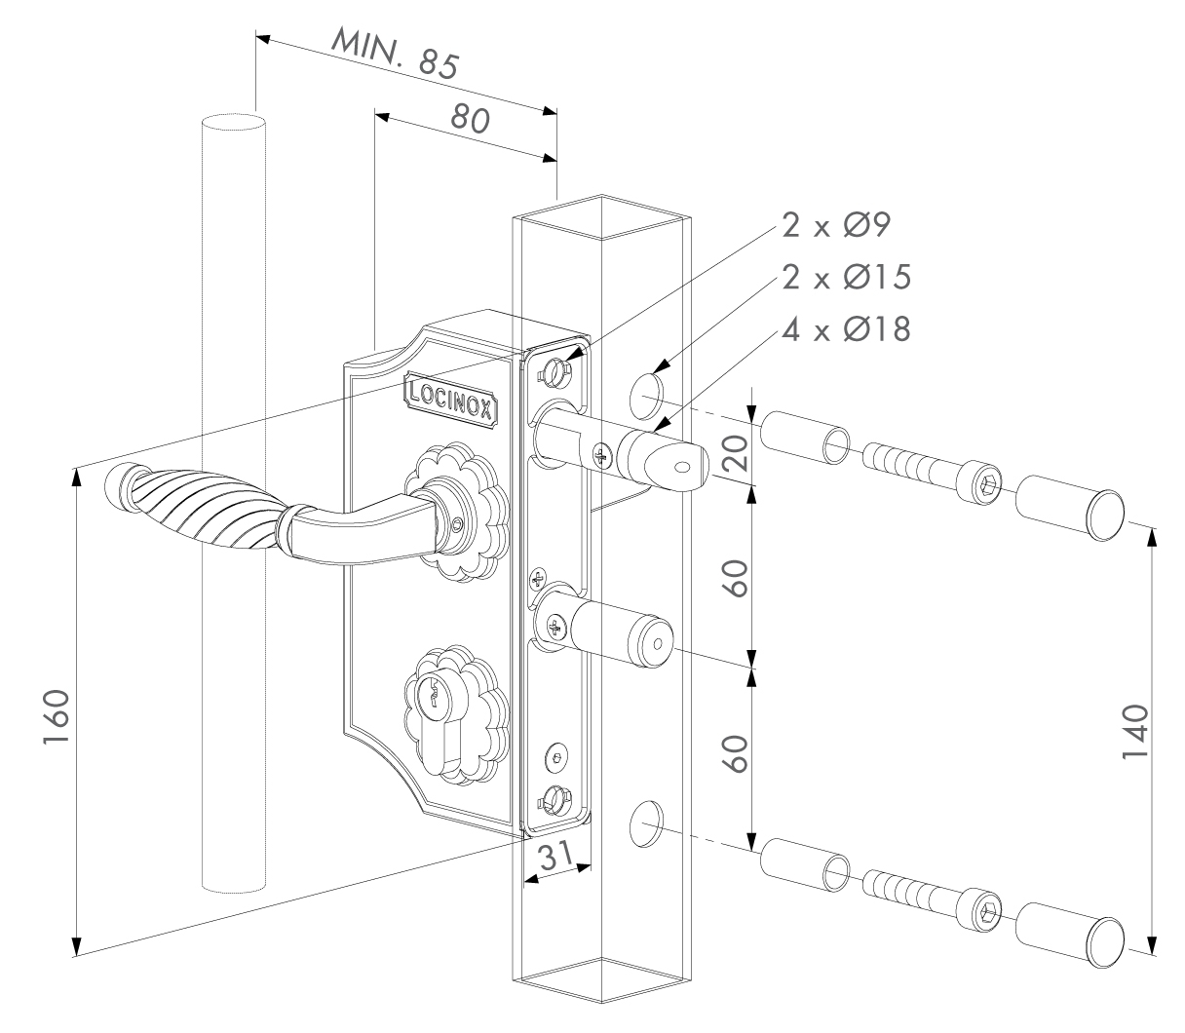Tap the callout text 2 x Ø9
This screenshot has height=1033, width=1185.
click(845, 227)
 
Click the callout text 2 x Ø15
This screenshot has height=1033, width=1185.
click(845, 279)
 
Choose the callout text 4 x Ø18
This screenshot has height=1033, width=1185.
click(845, 329)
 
